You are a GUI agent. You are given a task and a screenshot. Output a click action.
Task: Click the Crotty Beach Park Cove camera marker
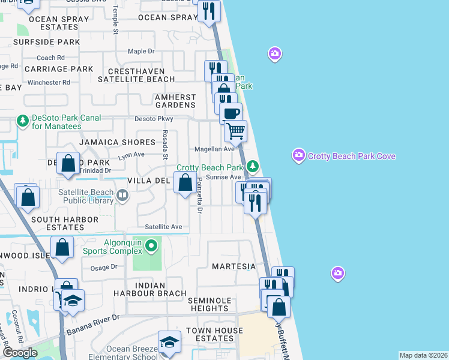(x=299, y=156)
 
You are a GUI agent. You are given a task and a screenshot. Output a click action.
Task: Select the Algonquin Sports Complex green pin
(x=152, y=245)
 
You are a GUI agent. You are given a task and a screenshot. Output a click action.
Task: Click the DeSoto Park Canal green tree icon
(x=23, y=121)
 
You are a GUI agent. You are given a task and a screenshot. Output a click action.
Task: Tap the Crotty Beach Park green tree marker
(x=253, y=166)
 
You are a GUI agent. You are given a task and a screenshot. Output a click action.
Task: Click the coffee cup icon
(x=231, y=112)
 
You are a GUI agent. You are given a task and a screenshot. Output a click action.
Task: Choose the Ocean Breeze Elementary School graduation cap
(x=169, y=341)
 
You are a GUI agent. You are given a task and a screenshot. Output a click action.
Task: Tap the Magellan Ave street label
(x=214, y=149)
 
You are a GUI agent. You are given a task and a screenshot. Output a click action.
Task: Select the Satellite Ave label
(x=163, y=227)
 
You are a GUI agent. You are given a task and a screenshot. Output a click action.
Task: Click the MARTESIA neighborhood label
(x=234, y=266)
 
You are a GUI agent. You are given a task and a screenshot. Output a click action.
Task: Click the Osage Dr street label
(x=104, y=267)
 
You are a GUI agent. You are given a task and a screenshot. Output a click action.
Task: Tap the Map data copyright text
(x=423, y=355)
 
